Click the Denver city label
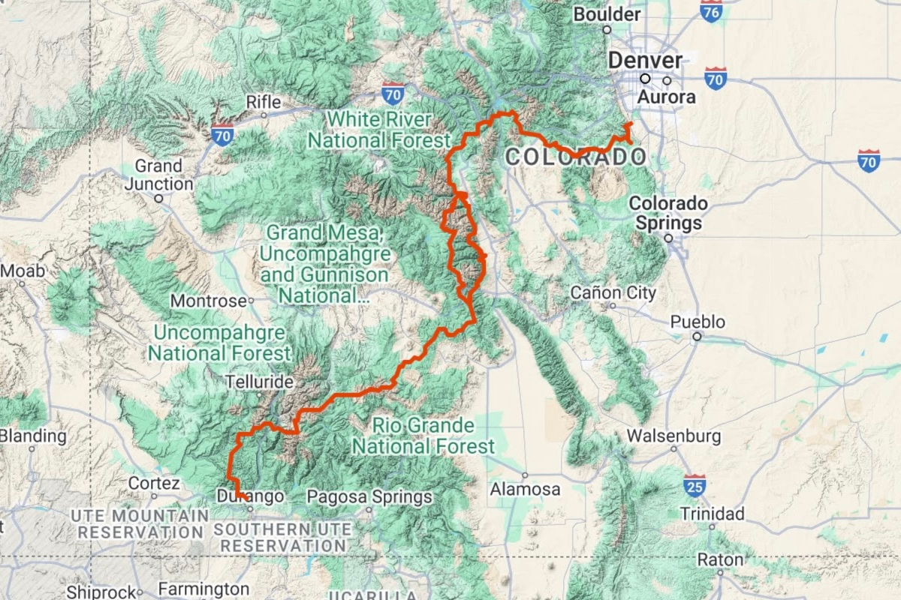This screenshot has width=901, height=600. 645,60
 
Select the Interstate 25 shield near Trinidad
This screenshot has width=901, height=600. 695,485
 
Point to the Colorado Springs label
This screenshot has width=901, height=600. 668,213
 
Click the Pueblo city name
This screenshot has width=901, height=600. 698,322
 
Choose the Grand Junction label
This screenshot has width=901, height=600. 158,175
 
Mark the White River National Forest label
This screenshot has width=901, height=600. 379,130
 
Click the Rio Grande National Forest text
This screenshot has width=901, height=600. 423,436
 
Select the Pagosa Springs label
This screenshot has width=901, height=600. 369,496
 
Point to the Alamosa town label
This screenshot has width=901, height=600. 525,489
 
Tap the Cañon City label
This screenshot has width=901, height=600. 613,292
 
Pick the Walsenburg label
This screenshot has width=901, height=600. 673,435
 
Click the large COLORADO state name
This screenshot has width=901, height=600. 575,157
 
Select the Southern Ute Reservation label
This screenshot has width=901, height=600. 282,537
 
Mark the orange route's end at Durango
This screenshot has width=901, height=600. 246,499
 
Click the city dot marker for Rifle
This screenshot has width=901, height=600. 264,115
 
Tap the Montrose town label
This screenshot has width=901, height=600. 208,301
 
